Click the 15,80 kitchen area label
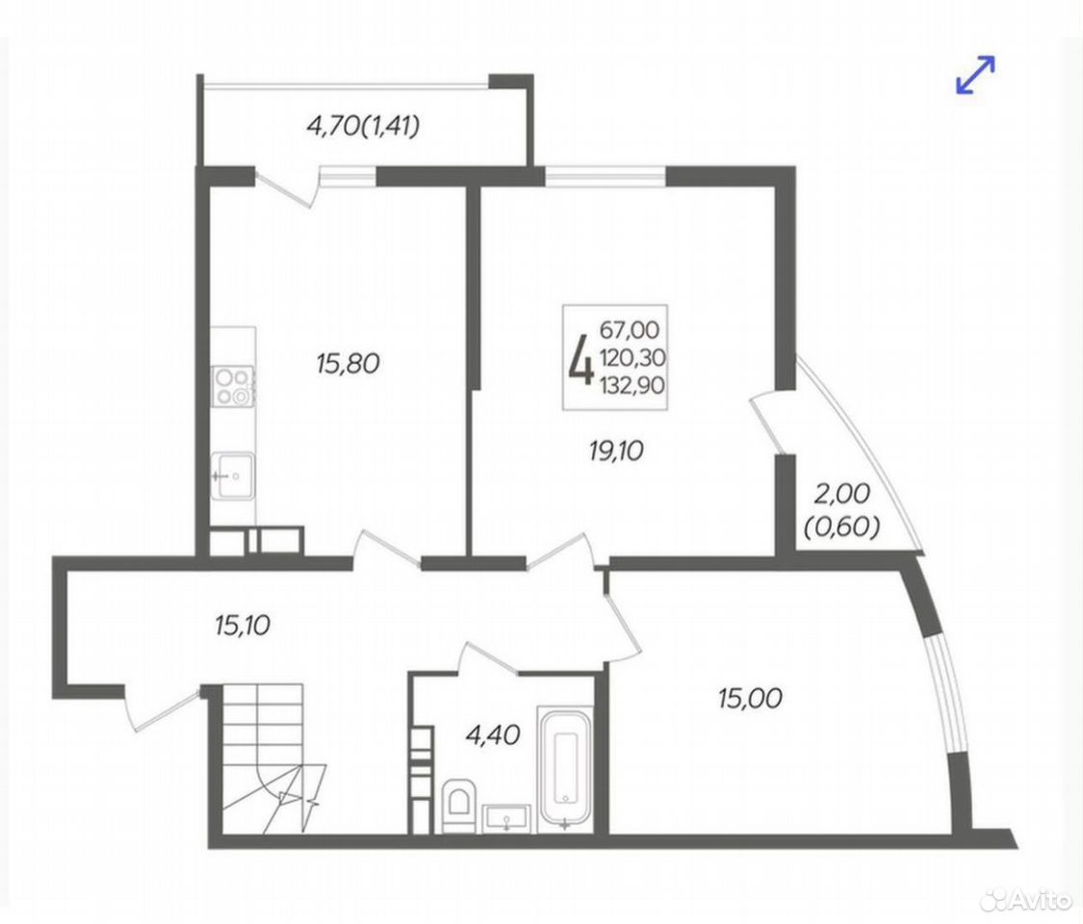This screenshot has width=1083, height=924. coord(348,363)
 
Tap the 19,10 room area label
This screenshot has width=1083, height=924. coord(616,451)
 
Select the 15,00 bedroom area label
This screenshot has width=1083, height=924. coord(750,698)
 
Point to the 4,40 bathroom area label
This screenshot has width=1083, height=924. coord(493,735)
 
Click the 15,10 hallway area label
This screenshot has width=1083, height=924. coord(242,626)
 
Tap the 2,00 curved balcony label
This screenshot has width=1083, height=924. coord(841,494)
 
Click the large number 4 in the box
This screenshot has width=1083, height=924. coord(580,358)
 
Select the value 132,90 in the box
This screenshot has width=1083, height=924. coord(632,384)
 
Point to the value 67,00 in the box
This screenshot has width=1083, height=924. coord(630,329)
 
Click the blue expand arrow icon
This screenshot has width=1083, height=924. coord(975,74)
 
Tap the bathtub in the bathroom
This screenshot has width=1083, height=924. coord(565,766)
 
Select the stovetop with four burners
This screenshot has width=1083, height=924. coord(234,387)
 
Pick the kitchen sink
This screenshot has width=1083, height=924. coord(234,475)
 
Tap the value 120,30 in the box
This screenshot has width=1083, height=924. coord(632,357)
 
